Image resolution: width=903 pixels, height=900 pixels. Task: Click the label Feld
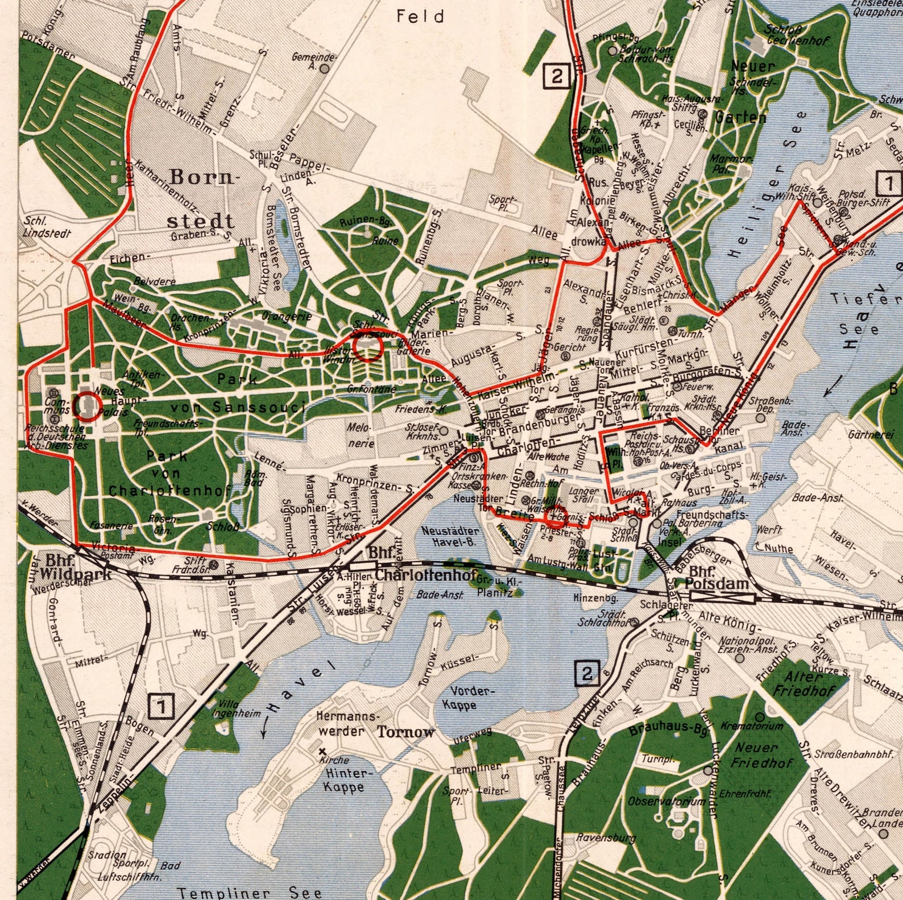tap(420, 16)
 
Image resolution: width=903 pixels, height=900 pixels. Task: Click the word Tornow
tap(405, 732)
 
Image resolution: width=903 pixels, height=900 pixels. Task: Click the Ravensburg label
tap(606, 837)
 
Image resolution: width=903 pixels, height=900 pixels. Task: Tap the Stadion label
tap(107, 855)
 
